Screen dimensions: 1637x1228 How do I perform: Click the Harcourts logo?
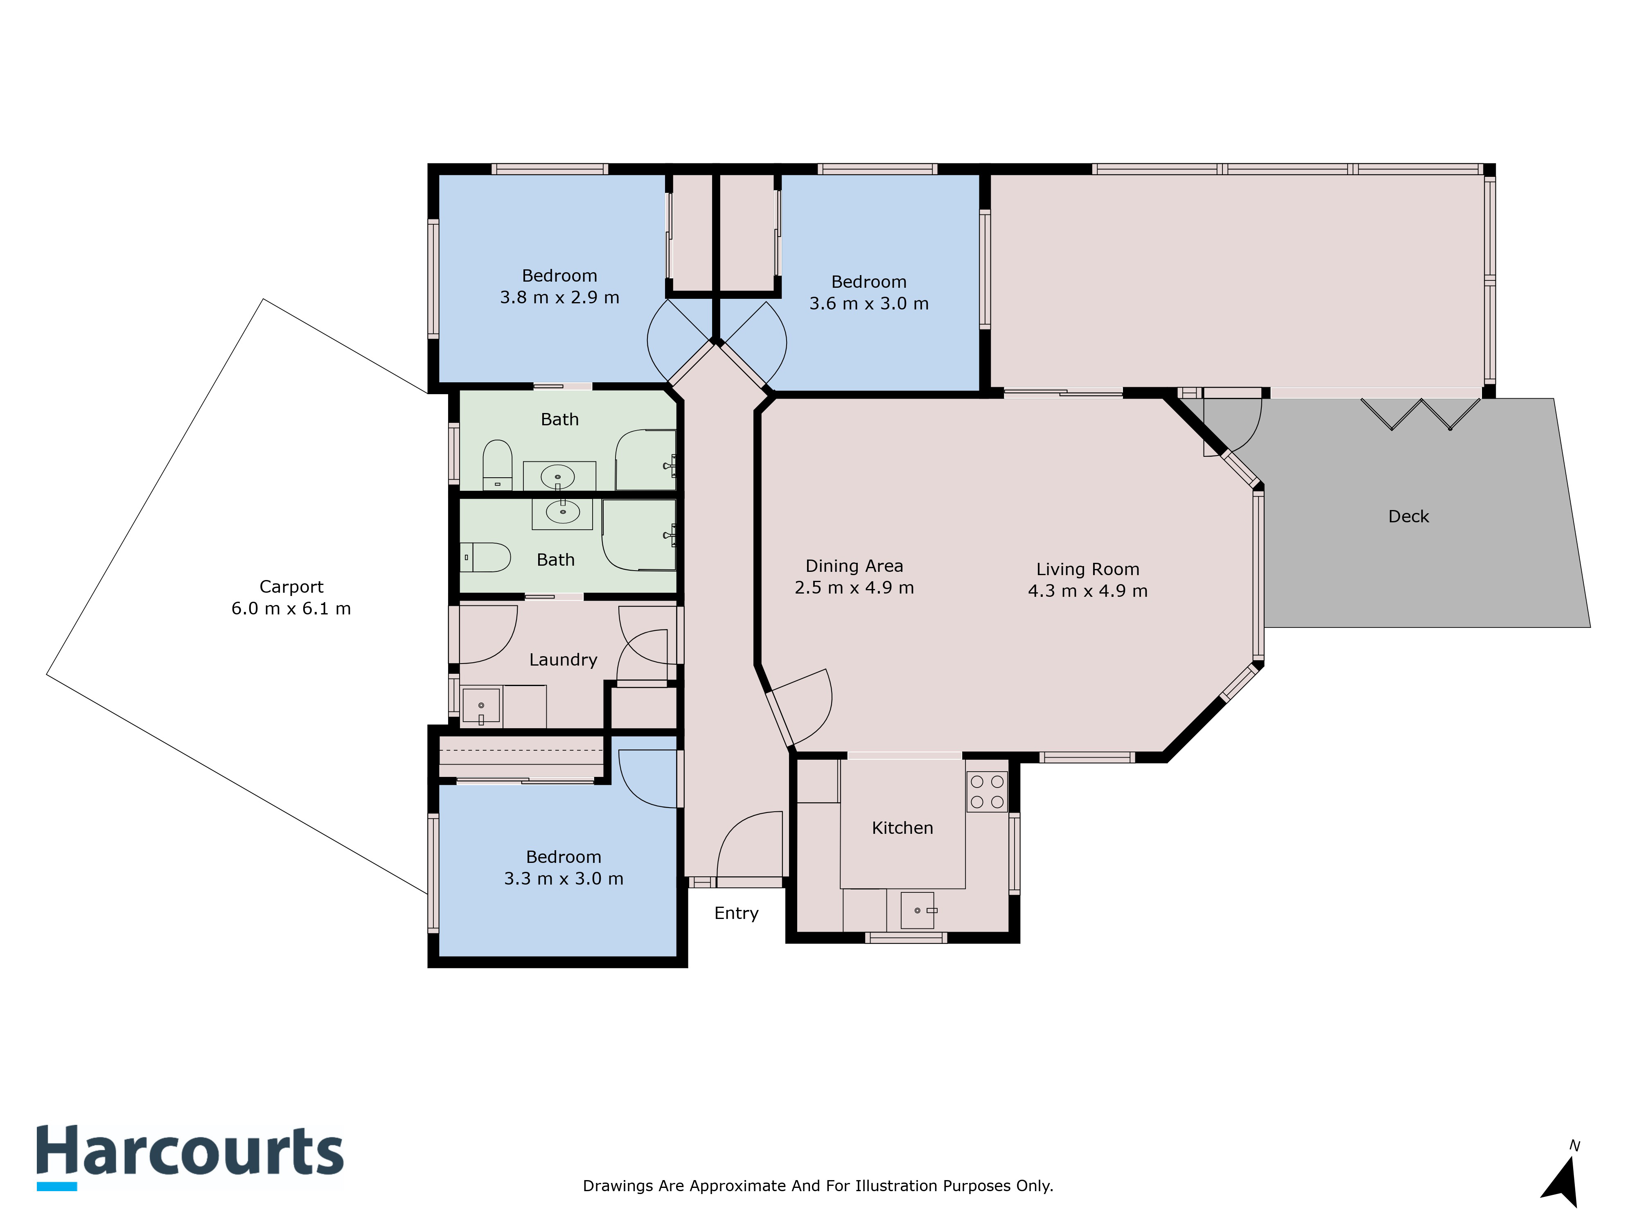pyautogui.click(x=190, y=1157)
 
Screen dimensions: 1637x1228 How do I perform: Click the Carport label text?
pyautogui.click(x=291, y=587)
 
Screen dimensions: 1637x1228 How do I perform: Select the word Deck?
pyautogui.click(x=1408, y=517)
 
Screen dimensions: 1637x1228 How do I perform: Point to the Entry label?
pyautogui.click(x=736, y=913)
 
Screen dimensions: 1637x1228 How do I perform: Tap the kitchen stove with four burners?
pyautogui.click(x=986, y=791)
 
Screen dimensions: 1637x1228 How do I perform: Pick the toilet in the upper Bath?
pyautogui.click(x=497, y=465)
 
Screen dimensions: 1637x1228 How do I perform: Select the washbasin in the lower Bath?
pyautogui.click(x=562, y=511)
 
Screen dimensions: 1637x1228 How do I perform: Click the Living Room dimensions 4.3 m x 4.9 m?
pyautogui.click(x=1088, y=591)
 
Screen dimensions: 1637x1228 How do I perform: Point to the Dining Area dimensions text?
pyautogui.click(x=855, y=588)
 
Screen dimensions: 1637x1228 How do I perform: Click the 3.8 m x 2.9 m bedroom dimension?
pyautogui.click(x=559, y=298)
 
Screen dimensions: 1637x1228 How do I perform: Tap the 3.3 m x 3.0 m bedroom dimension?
pyautogui.click(x=564, y=878)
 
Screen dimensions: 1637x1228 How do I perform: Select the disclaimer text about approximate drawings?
pyautogui.click(x=818, y=1186)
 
